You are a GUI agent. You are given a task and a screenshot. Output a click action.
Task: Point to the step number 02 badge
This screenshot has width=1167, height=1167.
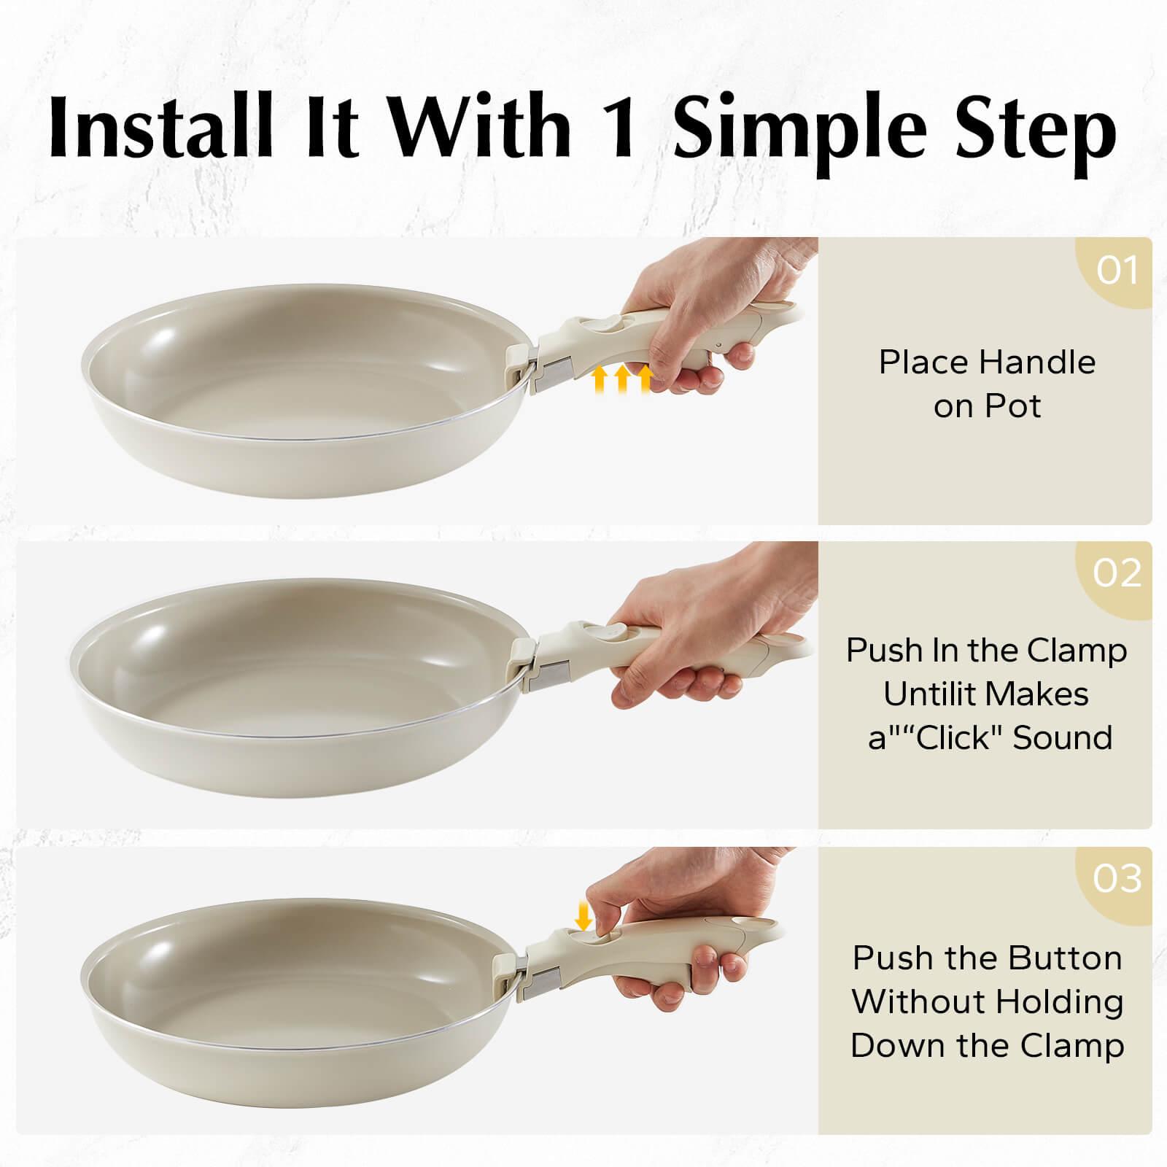coord(1117,573)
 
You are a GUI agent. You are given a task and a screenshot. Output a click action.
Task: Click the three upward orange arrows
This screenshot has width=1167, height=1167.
coord(621,380)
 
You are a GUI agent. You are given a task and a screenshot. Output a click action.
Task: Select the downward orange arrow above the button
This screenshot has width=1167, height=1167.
coord(583,916)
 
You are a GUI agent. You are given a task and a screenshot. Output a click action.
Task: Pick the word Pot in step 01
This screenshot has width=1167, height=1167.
coord(1015,406)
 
